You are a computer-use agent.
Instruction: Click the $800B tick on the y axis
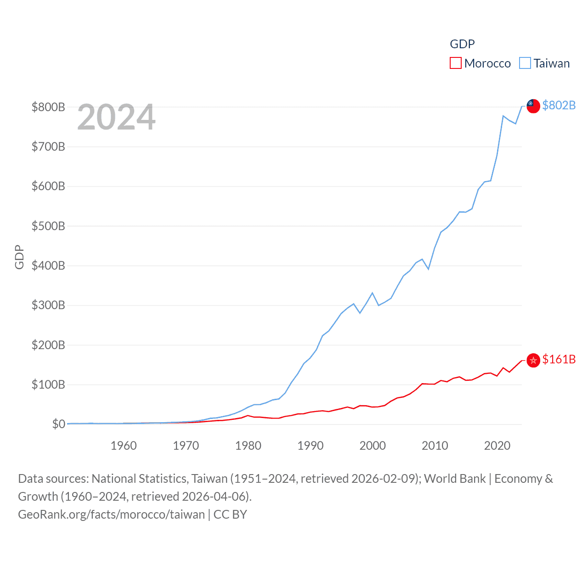(48, 107)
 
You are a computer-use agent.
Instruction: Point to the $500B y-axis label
(48, 226)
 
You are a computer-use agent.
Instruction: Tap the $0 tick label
(58, 424)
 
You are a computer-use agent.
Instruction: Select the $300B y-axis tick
(48, 305)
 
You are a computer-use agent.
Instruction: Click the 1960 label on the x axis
(124, 446)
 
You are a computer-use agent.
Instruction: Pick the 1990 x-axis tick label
(311, 446)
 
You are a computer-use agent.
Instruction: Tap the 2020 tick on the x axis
(498, 446)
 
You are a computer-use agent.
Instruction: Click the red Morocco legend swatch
(455, 63)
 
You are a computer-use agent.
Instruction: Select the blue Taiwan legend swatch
(525, 63)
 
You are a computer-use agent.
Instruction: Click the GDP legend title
(462, 44)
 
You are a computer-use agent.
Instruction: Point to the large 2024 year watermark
(116, 117)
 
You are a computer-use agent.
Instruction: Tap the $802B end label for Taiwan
(559, 105)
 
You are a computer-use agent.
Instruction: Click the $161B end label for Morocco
(559, 359)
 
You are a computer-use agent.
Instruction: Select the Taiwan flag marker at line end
(533, 106)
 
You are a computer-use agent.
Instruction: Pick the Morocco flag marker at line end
(533, 360)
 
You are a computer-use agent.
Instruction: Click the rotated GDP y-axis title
(19, 257)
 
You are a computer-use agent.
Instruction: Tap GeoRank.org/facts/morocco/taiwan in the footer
(111, 514)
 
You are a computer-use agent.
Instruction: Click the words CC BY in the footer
(230, 514)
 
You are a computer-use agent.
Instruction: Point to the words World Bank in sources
(455, 479)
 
